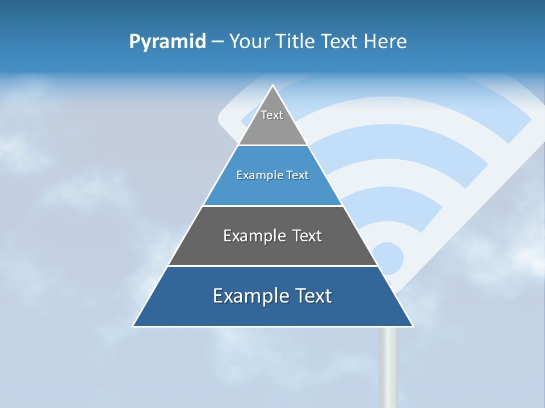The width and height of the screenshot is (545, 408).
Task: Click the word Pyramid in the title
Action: [167, 41]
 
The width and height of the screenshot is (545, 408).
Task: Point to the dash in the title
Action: [217, 42]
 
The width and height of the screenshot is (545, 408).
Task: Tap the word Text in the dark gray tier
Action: [306, 236]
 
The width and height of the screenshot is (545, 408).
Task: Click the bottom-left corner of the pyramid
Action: [134, 325]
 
